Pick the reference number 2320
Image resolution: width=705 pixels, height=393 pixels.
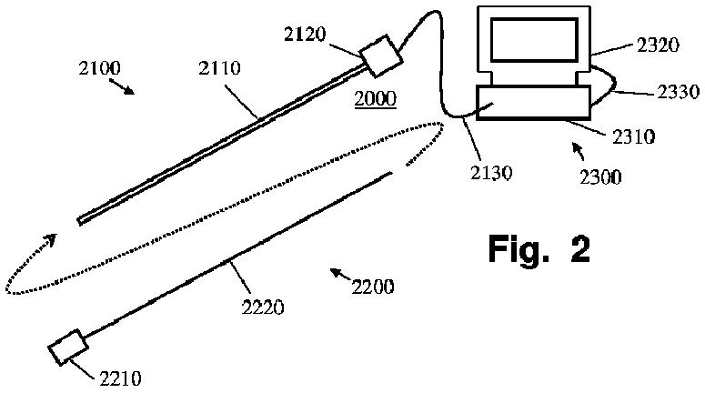632,45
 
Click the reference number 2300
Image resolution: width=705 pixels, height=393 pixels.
601,176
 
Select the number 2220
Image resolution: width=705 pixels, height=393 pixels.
264,308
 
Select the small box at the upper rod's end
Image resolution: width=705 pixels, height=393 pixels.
381,55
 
